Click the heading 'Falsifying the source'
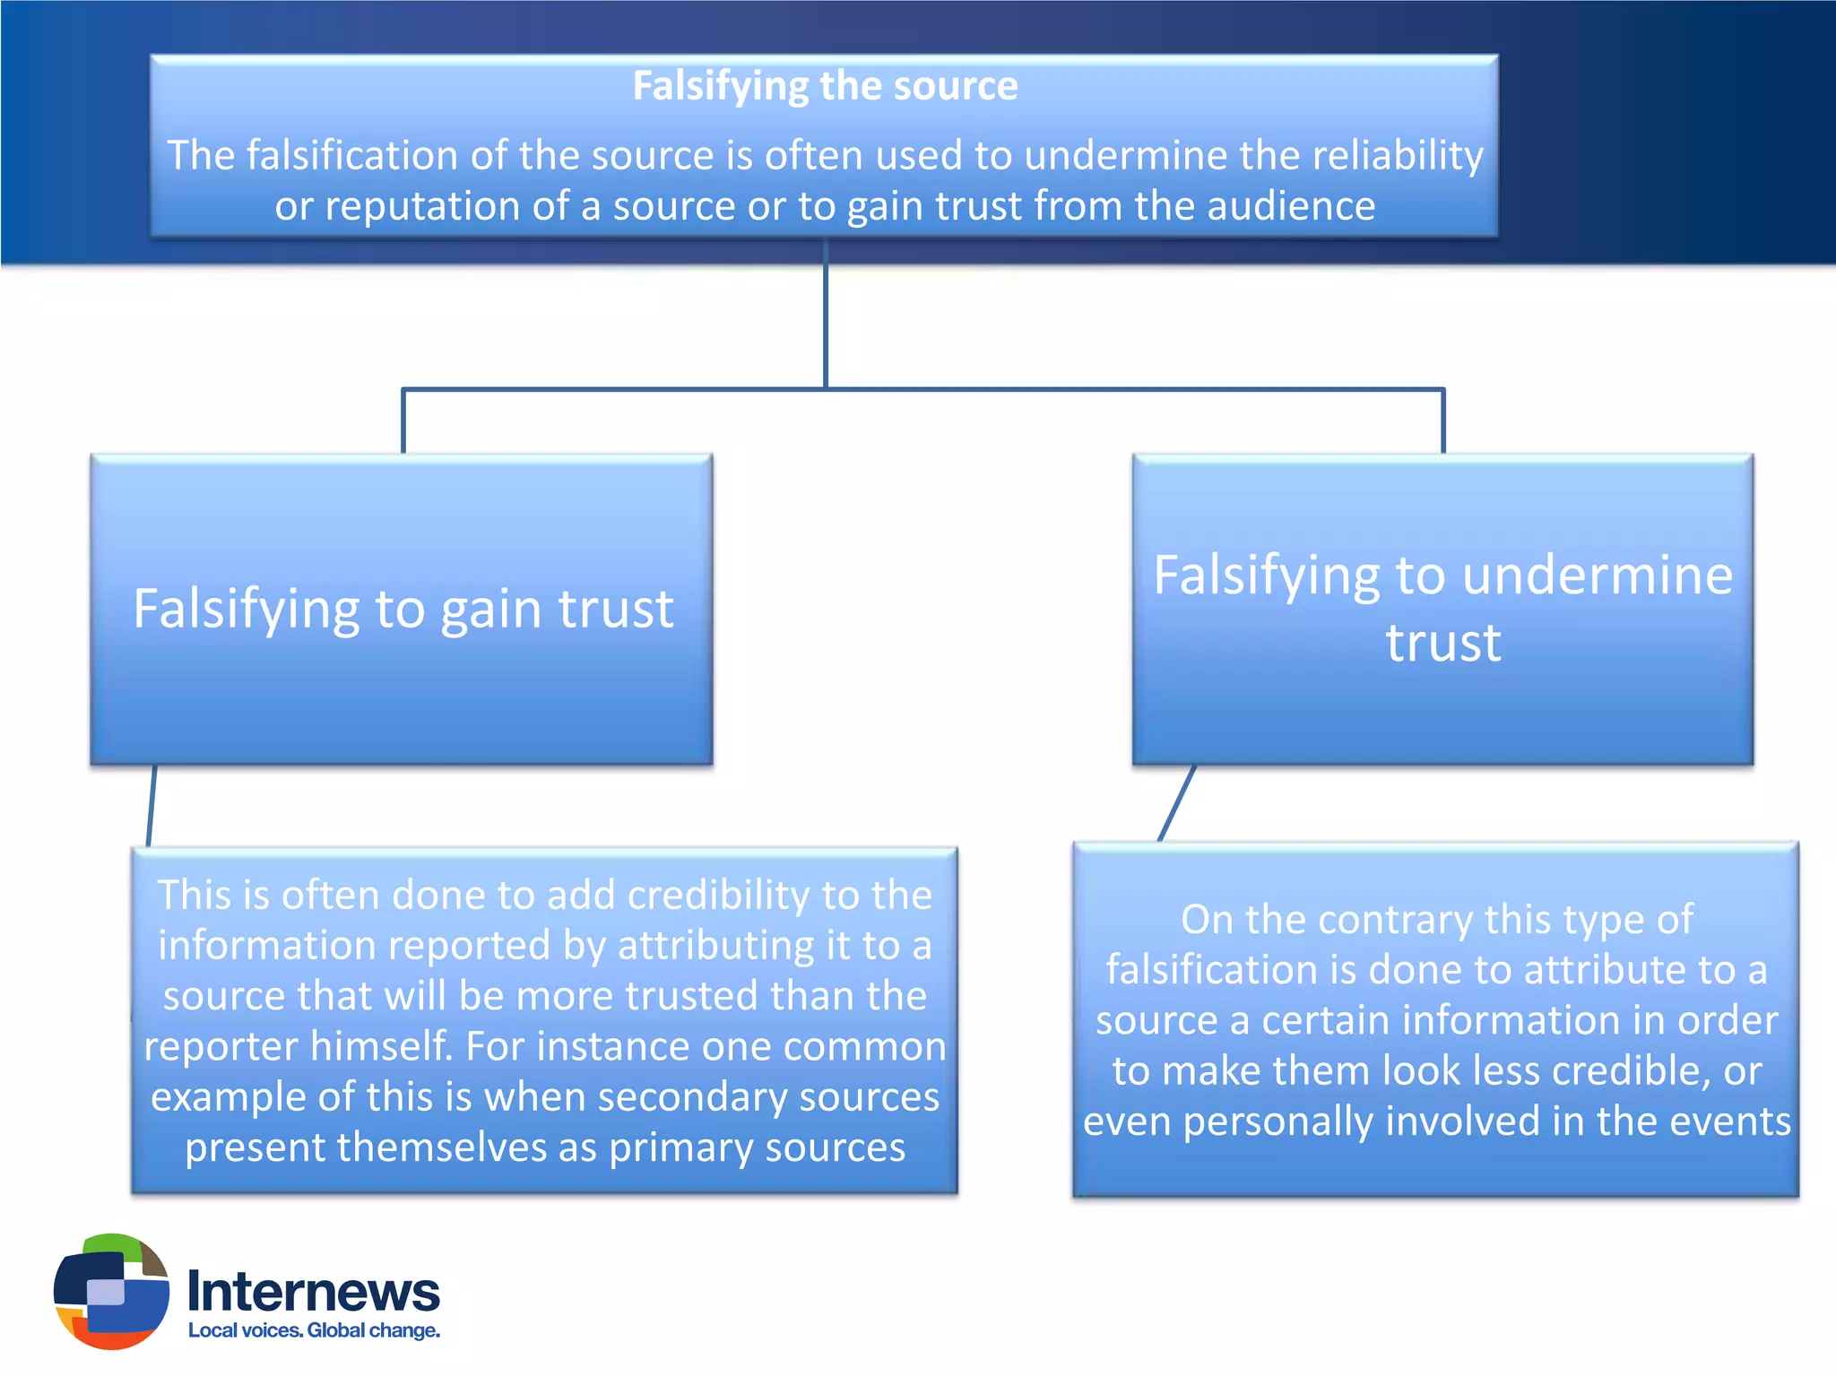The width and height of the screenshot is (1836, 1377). [x=825, y=86]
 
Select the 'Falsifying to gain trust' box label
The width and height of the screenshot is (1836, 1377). [x=403, y=609]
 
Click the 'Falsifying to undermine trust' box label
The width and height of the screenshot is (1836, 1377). [x=1442, y=608]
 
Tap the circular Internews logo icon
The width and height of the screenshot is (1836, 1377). [x=111, y=1291]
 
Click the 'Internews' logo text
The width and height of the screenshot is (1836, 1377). [x=313, y=1292]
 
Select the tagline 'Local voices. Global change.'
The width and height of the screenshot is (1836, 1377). [x=314, y=1330]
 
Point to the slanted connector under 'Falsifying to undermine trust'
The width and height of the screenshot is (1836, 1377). [x=1177, y=803]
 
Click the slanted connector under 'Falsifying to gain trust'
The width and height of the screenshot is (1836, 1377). [x=152, y=805]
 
